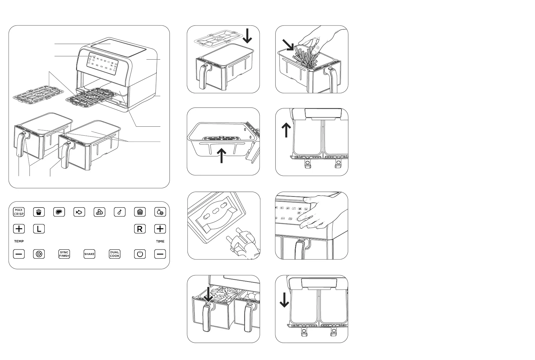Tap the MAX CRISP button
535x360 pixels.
[19, 212]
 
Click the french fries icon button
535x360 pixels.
[39, 212]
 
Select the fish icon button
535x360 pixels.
[79, 212]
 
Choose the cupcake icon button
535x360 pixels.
[140, 212]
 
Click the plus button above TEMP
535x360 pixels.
[19, 229]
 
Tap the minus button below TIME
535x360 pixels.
[160, 254]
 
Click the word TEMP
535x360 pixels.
[19, 241]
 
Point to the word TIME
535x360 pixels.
[160, 241]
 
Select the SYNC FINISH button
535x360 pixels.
[64, 254]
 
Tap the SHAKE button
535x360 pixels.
[89, 254]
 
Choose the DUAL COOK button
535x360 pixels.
[114, 254]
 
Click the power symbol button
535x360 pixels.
[140, 254]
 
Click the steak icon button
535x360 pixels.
[59, 212]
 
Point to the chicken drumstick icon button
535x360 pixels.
[120, 212]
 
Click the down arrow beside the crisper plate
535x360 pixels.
[247, 36]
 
